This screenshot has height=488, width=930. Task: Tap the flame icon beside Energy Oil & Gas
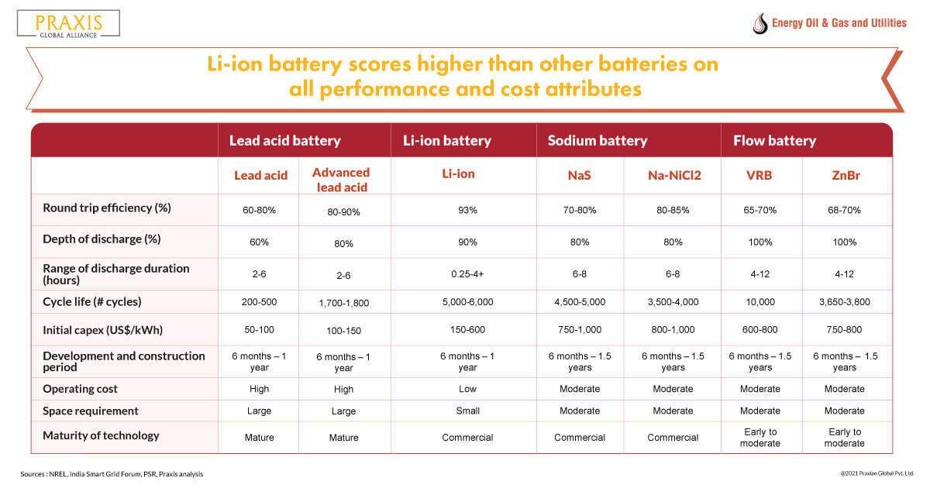(x=759, y=23)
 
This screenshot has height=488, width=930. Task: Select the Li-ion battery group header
(x=447, y=141)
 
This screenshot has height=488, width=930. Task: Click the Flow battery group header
(x=775, y=141)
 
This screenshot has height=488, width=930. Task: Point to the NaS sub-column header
(x=579, y=175)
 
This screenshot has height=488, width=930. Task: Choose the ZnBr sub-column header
(x=844, y=175)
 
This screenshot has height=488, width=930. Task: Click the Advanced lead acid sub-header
(x=341, y=180)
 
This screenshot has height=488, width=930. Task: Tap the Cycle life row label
(x=92, y=301)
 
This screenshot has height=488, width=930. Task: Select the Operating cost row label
(x=81, y=389)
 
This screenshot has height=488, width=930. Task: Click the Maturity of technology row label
(x=102, y=435)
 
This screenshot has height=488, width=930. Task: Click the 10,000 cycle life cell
(x=759, y=301)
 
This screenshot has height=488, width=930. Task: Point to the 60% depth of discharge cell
(x=259, y=242)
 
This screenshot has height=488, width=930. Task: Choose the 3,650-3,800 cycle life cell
(x=844, y=301)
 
